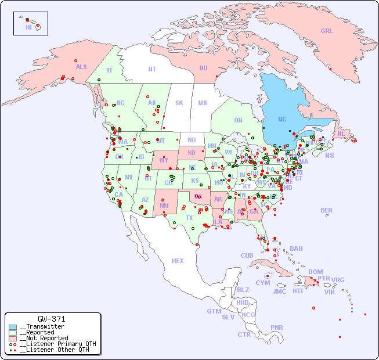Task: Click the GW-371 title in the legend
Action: [52, 319]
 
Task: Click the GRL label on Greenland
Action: [327, 31]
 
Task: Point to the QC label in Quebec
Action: [282, 120]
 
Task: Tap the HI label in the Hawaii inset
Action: [28, 27]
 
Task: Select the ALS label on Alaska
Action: [81, 67]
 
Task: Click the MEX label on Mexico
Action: [178, 261]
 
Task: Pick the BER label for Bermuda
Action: [327, 210]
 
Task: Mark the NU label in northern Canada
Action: [203, 68]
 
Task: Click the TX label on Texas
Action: [189, 218]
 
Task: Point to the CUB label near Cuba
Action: [247, 255]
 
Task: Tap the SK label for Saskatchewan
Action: [179, 103]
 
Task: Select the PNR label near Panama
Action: [277, 327]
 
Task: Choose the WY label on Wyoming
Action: [164, 160]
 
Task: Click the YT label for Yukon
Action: [109, 70]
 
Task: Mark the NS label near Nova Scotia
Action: [329, 155]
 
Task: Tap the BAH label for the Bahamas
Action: [296, 249]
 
